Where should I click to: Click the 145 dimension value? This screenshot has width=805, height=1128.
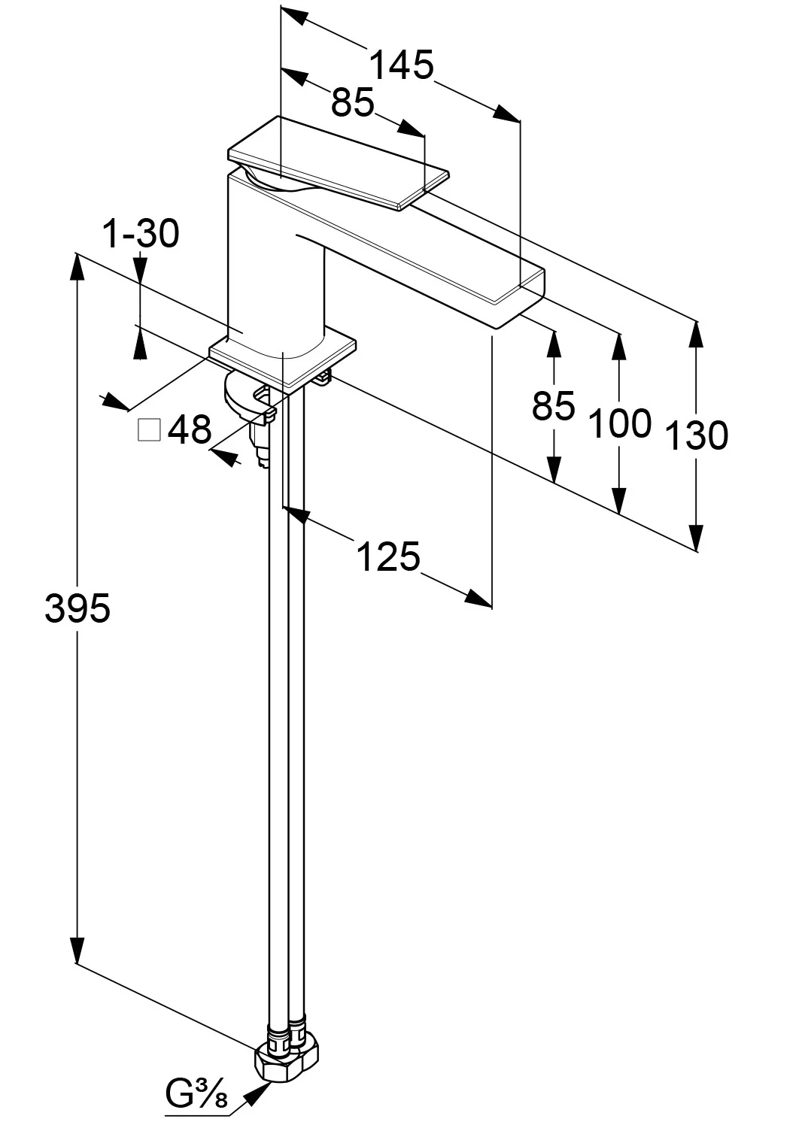(x=402, y=66)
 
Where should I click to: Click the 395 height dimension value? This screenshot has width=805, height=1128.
(x=77, y=608)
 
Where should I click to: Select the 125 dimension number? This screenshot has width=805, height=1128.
(x=387, y=557)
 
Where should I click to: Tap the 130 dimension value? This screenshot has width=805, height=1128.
(x=697, y=435)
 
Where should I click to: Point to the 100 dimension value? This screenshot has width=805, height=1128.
(x=619, y=424)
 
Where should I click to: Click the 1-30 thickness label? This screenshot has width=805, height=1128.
(x=141, y=234)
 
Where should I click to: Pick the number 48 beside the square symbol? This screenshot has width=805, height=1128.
(x=190, y=430)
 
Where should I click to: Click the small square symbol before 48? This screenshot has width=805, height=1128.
(x=149, y=430)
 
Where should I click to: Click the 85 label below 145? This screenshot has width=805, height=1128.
(x=353, y=102)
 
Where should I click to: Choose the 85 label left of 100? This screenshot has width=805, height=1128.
(x=553, y=407)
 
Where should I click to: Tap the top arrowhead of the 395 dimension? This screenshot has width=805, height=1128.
(x=77, y=265)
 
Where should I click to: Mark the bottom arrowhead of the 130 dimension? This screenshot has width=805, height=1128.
(x=697, y=538)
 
